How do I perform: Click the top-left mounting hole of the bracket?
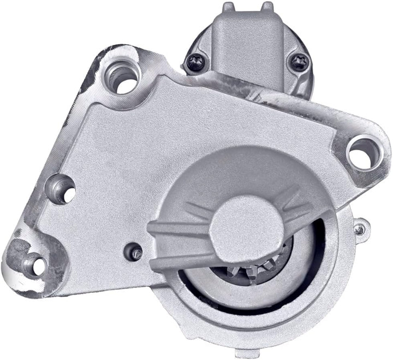point(124,80)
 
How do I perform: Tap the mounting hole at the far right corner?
point(360,153)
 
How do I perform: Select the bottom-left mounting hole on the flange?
point(37,264)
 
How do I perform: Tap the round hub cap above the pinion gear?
point(235,222)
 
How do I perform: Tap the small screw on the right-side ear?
point(359,229)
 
